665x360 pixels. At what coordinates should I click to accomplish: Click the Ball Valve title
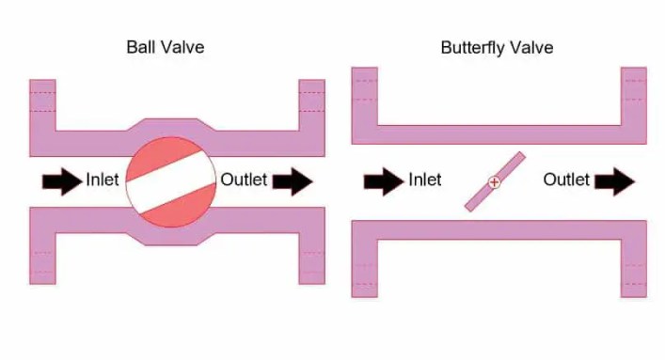click(x=166, y=47)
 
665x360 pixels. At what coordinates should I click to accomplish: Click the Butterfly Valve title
click(x=497, y=47)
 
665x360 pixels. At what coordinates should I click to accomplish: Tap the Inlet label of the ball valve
click(x=103, y=180)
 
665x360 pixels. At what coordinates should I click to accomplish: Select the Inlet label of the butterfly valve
click(x=424, y=180)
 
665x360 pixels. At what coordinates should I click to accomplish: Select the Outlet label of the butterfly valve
click(x=566, y=180)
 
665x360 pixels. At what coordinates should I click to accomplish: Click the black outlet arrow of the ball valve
click(x=293, y=180)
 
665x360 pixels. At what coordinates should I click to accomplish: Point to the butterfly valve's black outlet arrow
click(x=615, y=180)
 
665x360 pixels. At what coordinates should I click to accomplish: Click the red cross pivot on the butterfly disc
click(x=495, y=182)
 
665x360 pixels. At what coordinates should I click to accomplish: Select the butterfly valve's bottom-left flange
click(x=365, y=268)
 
